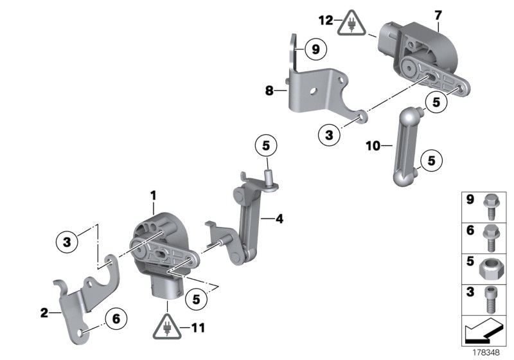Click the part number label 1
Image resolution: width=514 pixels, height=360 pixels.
(x=154, y=194)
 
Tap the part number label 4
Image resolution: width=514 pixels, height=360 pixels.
(x=279, y=219)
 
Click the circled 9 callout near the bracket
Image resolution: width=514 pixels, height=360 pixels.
(x=315, y=48)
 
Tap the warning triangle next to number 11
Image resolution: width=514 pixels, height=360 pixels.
(x=167, y=328)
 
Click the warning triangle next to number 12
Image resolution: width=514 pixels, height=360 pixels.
(x=353, y=21)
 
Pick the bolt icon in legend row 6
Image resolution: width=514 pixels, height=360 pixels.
(x=493, y=234)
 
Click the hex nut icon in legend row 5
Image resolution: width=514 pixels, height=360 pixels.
(x=493, y=265)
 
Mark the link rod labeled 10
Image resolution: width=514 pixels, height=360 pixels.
(x=407, y=148)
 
